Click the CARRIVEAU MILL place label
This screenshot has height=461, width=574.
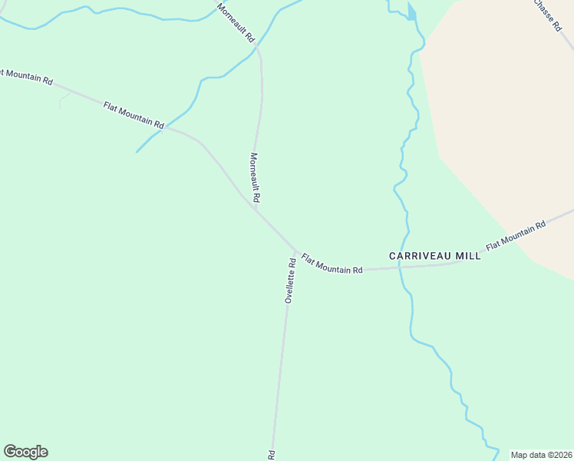coord(434,256)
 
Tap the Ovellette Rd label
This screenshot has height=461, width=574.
coord(290,280)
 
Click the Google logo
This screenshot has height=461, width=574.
coord(25,452)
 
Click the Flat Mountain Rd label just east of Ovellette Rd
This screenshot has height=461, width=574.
coord(332,264)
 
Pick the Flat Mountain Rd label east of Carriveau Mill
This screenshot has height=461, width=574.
coord(515,234)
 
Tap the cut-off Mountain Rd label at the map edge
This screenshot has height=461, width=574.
coord(26,76)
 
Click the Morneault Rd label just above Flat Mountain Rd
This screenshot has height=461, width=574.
coord(255,177)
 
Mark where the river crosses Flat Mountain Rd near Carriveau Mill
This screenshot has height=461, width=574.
coord(401,268)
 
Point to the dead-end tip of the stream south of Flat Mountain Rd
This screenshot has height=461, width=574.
coord(137,151)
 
